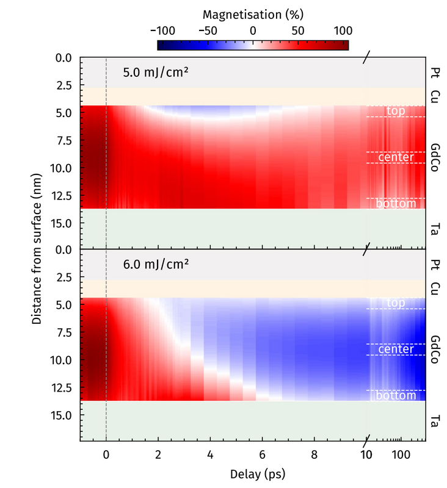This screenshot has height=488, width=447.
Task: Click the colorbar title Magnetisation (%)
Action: point(253,13)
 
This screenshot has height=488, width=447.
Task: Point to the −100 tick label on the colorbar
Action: point(162,30)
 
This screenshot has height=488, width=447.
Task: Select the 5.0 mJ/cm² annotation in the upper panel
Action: point(155,72)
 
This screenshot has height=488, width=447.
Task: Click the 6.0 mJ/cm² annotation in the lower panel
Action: point(155,264)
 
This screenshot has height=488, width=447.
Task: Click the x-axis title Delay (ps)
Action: point(253,473)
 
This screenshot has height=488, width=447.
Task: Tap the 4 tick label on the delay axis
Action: point(210,455)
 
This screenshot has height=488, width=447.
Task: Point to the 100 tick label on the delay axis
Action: point(401,455)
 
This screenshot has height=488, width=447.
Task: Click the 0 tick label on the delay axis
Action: point(106,455)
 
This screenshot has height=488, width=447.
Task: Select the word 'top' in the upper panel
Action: point(396,111)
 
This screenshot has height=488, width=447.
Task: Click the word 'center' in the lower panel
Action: point(396,350)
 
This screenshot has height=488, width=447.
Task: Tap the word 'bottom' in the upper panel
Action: point(396,203)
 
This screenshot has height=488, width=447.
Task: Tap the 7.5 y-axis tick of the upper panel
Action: point(64,141)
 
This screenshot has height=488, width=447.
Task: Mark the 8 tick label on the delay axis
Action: point(314,455)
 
